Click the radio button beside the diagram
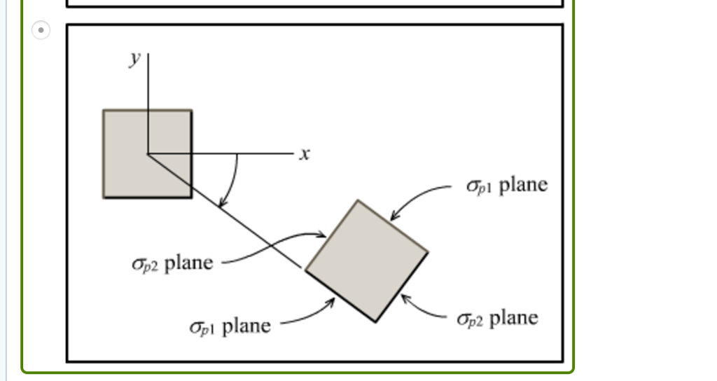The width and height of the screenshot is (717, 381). tap(41, 30)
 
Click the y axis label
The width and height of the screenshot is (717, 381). tap(135, 58)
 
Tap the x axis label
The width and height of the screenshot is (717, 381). tap(304, 153)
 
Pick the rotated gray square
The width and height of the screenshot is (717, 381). tap(367, 261)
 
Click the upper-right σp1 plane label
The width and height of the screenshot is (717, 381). tap(506, 186)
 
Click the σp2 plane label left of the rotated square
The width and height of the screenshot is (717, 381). tap(172, 263)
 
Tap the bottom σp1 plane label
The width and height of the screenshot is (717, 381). tap(230, 326)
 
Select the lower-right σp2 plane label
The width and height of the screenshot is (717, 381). tap(497, 319)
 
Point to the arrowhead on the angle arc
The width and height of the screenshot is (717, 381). tap(221, 205)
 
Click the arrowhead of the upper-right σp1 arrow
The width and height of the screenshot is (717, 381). tap(393, 219)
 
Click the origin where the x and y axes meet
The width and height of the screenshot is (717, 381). tap(148, 153)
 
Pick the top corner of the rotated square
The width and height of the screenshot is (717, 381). tap(358, 201)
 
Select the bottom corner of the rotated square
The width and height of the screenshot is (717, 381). tap(376, 322)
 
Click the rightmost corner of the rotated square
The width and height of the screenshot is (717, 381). tap(428, 252)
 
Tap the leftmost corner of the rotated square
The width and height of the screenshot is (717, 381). tap(305, 270)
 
